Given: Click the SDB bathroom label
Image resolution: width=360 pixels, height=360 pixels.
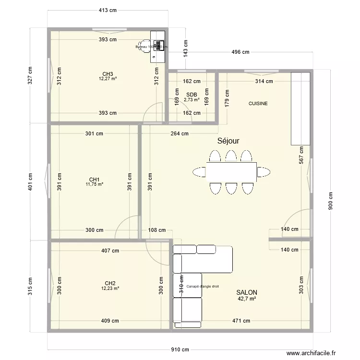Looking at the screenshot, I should coord(192,95).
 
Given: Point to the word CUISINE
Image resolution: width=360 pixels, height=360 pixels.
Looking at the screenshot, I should coord(258,103).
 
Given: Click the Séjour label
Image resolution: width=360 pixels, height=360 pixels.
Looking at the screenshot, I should coord(228,141).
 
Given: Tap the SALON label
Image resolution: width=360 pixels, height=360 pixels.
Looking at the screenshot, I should coord(247,292).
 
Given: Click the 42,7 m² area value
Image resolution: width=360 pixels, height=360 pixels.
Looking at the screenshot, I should coord(247,299).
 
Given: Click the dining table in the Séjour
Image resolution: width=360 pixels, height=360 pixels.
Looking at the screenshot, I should coord(231,172).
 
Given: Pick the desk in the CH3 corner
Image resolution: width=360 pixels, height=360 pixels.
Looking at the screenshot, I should coord(158,46).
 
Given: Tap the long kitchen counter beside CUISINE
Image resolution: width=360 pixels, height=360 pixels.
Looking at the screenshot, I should coord(300,108).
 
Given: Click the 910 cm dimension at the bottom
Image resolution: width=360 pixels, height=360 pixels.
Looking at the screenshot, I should coord(180,350).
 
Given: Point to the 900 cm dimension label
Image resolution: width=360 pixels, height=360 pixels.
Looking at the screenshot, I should coord(330,202).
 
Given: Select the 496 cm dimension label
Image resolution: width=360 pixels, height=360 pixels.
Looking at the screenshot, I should coord(240,52).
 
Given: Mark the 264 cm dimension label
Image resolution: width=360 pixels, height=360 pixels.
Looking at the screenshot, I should coord(180,134).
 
